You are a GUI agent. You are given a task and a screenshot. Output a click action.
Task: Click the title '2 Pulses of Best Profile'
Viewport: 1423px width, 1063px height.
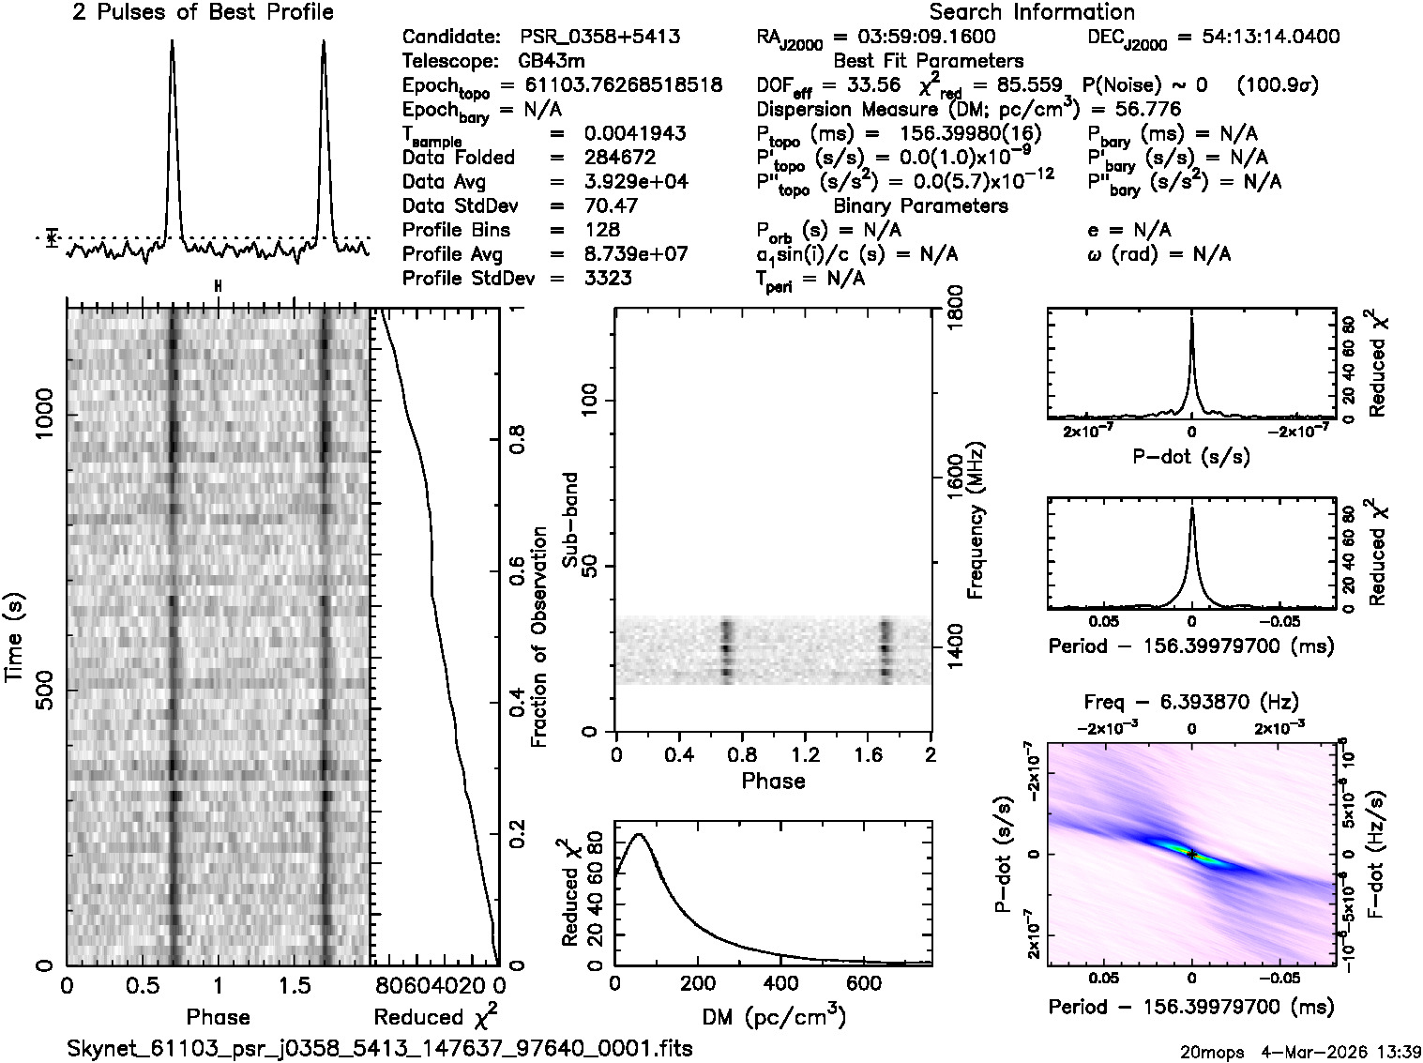pos(203,12)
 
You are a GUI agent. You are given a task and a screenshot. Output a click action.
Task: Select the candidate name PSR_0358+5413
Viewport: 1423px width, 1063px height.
pos(599,38)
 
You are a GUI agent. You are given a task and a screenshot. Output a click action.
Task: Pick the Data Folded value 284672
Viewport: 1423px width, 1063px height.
pos(619,158)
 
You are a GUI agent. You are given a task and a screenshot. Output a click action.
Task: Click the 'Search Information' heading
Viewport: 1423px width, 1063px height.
pos(1031,12)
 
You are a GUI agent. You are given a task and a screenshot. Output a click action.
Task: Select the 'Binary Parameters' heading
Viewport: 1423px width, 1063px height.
pos(920,205)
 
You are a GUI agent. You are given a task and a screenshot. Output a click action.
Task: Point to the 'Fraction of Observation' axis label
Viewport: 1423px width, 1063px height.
pos(539,637)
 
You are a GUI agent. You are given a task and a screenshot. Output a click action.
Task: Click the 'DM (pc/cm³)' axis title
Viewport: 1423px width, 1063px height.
pos(773,1017)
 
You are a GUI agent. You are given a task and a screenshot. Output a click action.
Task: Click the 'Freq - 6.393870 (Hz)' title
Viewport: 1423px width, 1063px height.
pos(1190,702)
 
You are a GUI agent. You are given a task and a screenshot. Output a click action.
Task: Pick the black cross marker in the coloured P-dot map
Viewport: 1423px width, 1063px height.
pos(1191,854)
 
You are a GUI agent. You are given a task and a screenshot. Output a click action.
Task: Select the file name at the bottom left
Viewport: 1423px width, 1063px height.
pos(380,1048)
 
